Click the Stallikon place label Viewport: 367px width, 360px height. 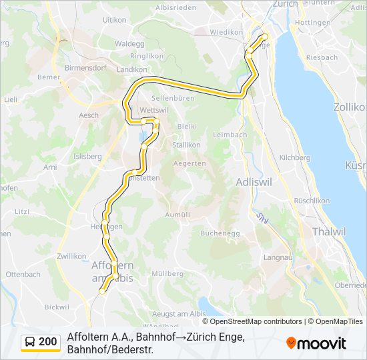pos(186,145)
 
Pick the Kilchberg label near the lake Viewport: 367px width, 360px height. pos(295,158)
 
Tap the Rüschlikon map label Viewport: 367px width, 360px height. pos(312,201)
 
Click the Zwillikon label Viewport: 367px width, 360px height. pos(71,256)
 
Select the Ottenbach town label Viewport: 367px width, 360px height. pos(23,274)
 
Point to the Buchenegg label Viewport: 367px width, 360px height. pos(219,233)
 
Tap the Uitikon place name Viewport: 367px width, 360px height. pos(114,21)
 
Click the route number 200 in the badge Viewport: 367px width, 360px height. pos(47,342)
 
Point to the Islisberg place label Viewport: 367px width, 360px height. pos(87,157)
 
